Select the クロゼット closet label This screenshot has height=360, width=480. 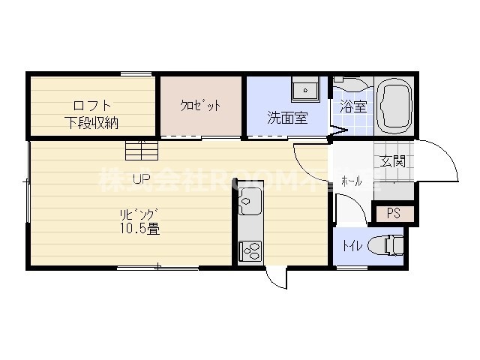201,106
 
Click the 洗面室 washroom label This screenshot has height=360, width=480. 287,118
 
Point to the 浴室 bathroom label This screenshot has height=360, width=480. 352,106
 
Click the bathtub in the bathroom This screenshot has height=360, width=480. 394,105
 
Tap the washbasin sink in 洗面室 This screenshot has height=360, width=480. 305,90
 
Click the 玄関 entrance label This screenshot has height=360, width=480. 392,161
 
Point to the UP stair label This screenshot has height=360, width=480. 141,178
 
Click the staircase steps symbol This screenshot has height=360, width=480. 142,150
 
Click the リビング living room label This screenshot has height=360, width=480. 136,213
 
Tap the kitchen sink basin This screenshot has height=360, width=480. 250,202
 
